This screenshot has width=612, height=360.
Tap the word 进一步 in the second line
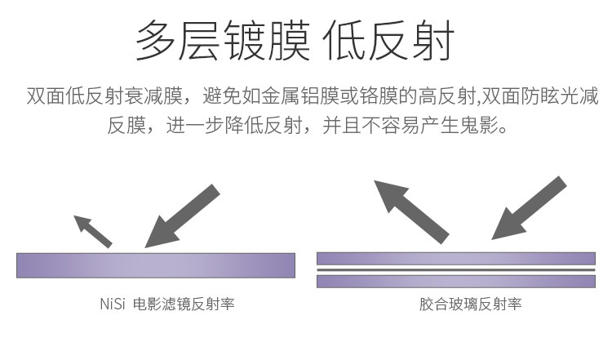click(193, 127)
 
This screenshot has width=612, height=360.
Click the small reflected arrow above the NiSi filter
click(92, 230)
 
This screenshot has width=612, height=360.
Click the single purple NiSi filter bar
click(155, 264)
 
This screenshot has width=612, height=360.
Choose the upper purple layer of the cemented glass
click(455, 259)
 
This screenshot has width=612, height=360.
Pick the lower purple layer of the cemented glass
click(455, 281)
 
